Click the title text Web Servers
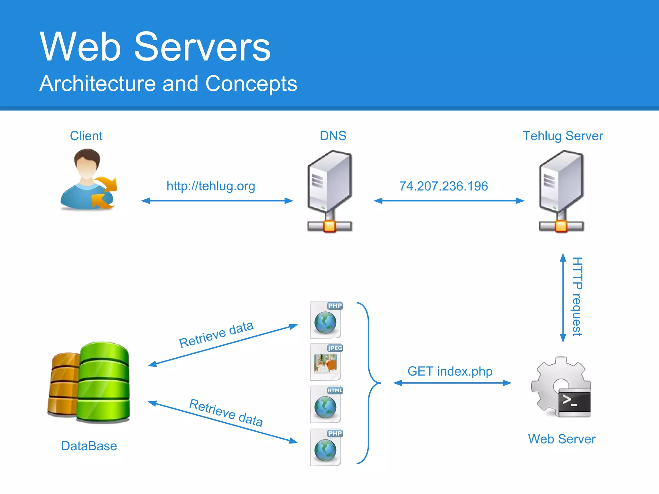pos(155,47)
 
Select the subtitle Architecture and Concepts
pos(168,84)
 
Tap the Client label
pos(86,136)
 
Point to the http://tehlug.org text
pos(211,186)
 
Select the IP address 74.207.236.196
pos(443,186)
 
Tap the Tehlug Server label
pos(562,136)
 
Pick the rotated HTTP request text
pos(577,297)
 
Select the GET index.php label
pos(450,371)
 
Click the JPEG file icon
pos(326,362)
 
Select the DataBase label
pos(89,446)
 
